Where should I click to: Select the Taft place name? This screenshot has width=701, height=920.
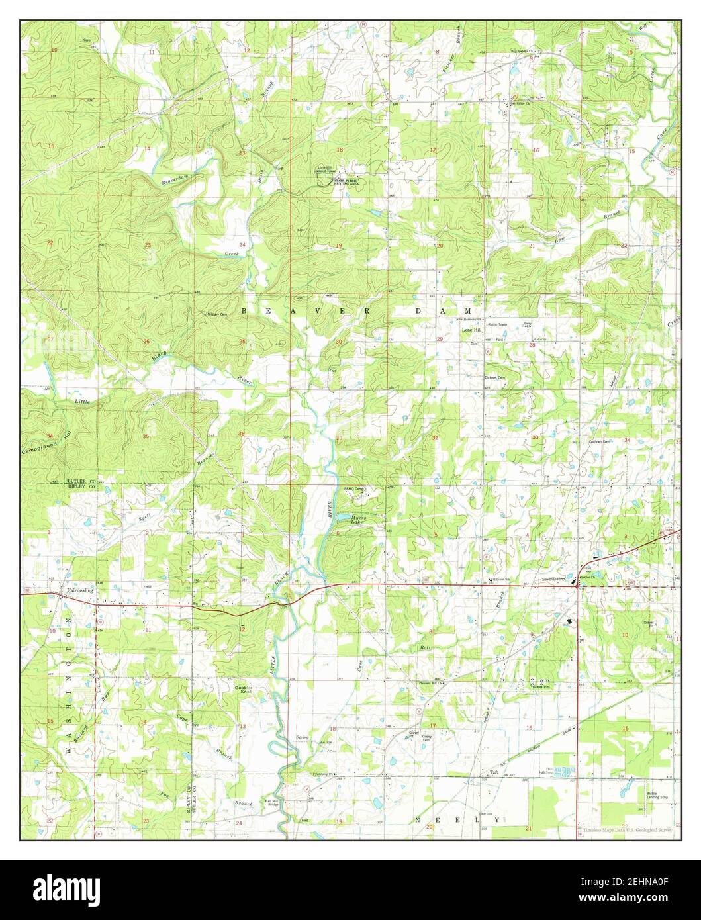click(492, 772)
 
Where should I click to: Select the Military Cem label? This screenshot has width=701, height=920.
click(218, 314)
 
